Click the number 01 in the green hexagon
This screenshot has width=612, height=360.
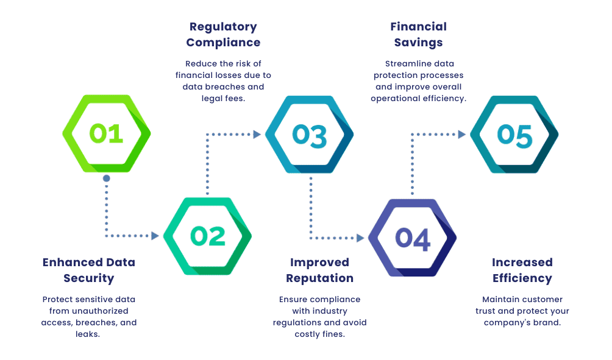pyautogui.click(x=107, y=133)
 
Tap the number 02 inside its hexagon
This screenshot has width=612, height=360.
pyautogui.click(x=207, y=236)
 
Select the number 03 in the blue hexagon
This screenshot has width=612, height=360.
pyautogui.click(x=309, y=135)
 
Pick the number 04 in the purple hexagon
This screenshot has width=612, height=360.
pyautogui.click(x=412, y=238)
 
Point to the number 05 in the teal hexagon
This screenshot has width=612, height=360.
pyautogui.click(x=514, y=135)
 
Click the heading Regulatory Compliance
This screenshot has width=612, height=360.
pyautogui.click(x=223, y=35)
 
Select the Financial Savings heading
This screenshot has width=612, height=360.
pyautogui.click(x=418, y=35)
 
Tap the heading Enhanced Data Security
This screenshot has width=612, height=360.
pyautogui.click(x=89, y=270)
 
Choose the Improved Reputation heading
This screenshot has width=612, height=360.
pyautogui.click(x=319, y=270)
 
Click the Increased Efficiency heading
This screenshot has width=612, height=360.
pyautogui.click(x=522, y=270)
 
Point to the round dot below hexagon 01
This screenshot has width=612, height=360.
pyautogui.click(x=107, y=178)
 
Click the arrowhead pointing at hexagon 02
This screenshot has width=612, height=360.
pyautogui.click(x=155, y=236)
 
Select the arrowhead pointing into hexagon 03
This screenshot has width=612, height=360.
pyautogui.click(x=257, y=134)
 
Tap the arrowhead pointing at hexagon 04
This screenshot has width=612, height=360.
pyautogui.click(x=360, y=238)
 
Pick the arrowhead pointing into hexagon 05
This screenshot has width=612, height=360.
pyautogui.click(x=462, y=134)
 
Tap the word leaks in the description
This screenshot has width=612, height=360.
pyautogui.click(x=90, y=334)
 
